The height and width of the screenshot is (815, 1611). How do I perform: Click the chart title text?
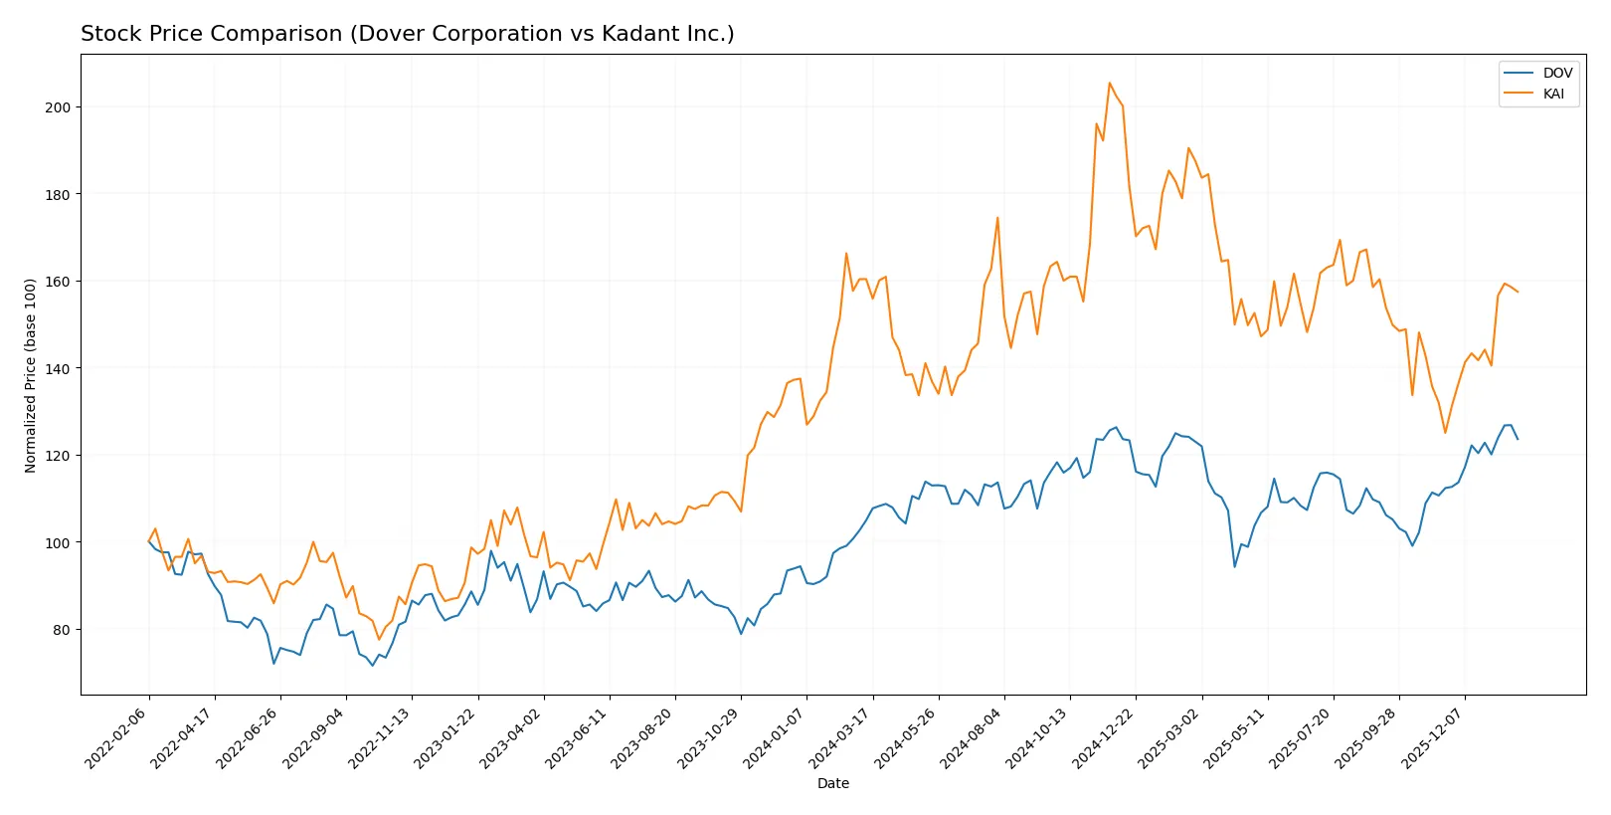[407, 34]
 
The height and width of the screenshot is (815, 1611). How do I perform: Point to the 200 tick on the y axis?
[57, 107]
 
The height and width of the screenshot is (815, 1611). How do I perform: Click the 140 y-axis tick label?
[57, 369]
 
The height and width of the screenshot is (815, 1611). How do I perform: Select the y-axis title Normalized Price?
[31, 375]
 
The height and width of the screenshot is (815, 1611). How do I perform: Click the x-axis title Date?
[832, 784]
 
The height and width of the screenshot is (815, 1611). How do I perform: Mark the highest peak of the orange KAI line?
[1110, 84]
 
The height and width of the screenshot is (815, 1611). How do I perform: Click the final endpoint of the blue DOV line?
[1518, 439]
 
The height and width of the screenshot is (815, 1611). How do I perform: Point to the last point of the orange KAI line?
[1518, 292]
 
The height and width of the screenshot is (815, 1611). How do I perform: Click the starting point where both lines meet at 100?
[149, 542]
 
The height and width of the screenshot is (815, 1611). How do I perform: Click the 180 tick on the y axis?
[57, 195]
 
